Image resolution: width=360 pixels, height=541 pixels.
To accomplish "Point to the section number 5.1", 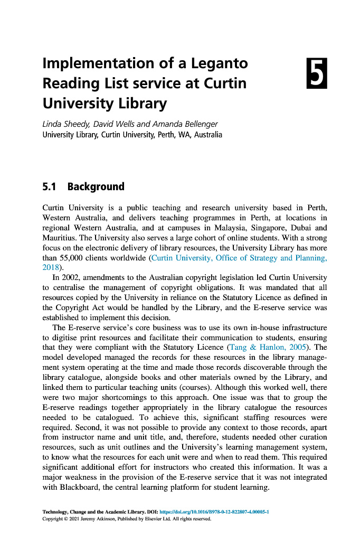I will pyautogui.click(x=51, y=186).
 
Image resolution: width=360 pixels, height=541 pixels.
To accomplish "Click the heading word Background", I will pyautogui.click(x=96, y=186).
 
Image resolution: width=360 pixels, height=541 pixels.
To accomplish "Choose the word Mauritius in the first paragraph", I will pyautogui.click(x=60, y=238).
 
